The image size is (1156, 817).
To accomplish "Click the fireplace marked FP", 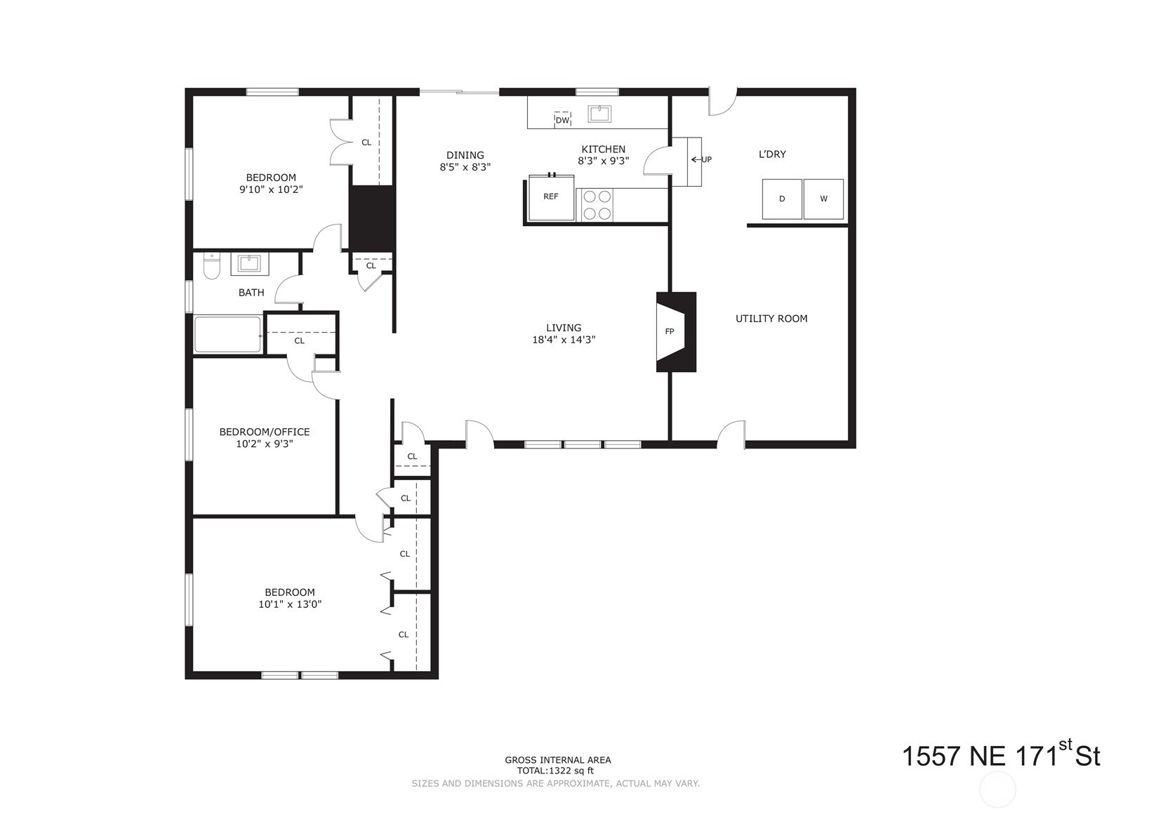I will click(x=675, y=331).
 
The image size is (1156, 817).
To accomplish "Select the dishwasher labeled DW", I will click(x=562, y=119).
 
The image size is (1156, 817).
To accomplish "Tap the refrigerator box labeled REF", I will click(x=551, y=197).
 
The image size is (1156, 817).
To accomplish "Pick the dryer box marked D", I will click(x=782, y=199).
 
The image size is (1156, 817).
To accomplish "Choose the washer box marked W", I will click(x=823, y=199).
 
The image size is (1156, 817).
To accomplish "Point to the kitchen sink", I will click(x=600, y=113).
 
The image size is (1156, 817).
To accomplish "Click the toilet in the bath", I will click(x=211, y=267).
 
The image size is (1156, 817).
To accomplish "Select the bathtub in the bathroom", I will click(x=227, y=334).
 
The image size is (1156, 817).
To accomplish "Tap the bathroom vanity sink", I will click(x=248, y=264).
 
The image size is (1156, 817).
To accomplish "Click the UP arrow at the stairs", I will click(x=701, y=159).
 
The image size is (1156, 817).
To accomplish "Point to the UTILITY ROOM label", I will click(x=771, y=319).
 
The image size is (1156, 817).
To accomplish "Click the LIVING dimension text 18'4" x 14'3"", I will click(x=564, y=340).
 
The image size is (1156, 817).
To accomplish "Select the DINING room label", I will click(x=465, y=155).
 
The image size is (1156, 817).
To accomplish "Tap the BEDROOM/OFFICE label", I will click(x=264, y=432).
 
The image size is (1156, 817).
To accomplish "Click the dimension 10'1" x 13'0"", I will click(x=290, y=604).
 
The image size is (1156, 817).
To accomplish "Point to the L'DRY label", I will click(x=772, y=154).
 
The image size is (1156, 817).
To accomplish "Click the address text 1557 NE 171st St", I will click(x=1000, y=756).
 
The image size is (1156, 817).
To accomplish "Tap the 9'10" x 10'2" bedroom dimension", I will click(x=271, y=190).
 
